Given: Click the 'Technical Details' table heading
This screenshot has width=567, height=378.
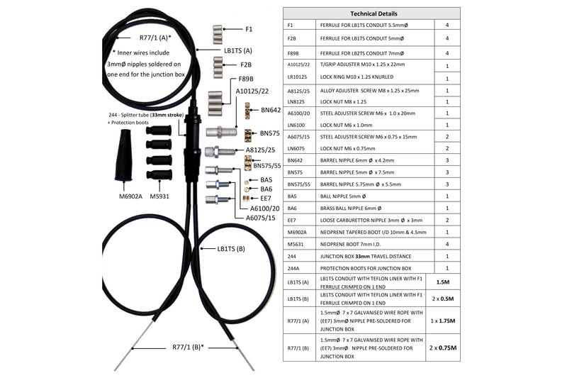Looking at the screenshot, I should coord(374,13).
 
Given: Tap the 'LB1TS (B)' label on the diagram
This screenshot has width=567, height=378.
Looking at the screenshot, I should coord(231,249).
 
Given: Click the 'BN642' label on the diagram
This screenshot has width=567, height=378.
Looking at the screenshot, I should coord(271,110).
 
